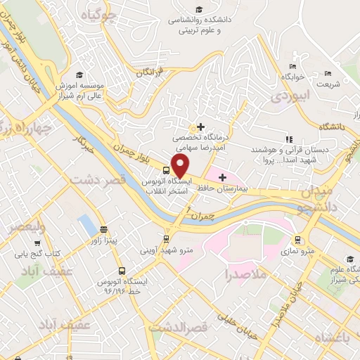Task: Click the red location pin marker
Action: click(x=181, y=166)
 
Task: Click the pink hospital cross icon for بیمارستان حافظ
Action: click(x=224, y=176)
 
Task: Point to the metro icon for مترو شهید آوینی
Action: click(x=167, y=238)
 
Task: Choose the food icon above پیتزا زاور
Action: click(x=104, y=230)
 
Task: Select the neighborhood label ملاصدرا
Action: click(x=246, y=274)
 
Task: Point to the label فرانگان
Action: click(x=150, y=72)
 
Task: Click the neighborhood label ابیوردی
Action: click(x=289, y=95)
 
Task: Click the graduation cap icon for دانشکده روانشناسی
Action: click(x=199, y=9)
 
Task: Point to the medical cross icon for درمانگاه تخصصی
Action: click(x=201, y=127)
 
